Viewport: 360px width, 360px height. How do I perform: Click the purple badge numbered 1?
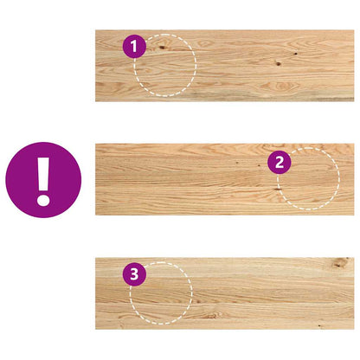[133, 47]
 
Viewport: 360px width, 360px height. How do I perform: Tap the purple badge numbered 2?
[278, 161]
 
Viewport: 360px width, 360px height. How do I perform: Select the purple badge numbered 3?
[132, 275]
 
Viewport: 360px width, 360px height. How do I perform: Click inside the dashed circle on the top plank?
[166, 66]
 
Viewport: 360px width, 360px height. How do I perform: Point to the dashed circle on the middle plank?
[308, 179]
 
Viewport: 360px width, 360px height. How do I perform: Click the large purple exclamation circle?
[43, 180]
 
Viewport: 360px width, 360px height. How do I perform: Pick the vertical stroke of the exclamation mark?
[43, 172]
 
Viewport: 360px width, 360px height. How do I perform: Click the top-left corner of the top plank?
[96, 31]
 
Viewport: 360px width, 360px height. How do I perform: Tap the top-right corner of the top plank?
[353, 31]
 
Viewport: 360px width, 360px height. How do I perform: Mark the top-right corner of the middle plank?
[353, 145]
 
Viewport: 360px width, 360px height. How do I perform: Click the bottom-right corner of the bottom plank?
[353, 328]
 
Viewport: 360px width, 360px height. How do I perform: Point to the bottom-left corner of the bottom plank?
[96, 328]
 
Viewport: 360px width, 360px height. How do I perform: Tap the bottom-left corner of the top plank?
[96, 101]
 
